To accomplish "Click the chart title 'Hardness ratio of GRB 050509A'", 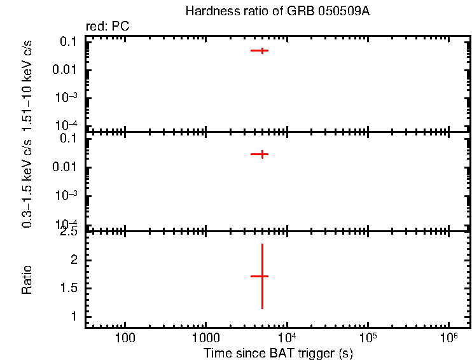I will [277, 11].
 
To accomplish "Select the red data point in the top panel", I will [260, 50].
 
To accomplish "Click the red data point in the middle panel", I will [260, 154].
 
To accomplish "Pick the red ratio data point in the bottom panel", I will [261, 276].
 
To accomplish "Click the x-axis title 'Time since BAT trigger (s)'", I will [278, 353].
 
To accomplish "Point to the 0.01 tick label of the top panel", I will [66, 69].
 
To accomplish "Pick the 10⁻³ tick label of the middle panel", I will [67, 195].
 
